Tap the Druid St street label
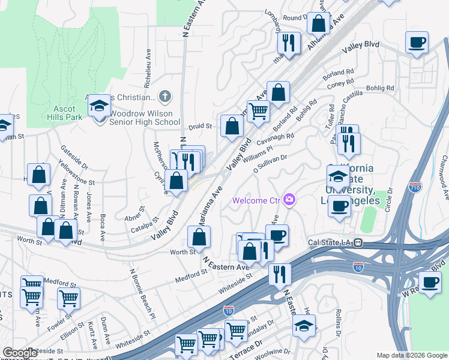coord(200,127)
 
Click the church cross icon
coord(165,97)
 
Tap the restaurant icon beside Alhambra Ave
coord(288,42)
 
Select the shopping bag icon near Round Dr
coord(318,24)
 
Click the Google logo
coord(20,353)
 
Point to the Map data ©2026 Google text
coord(411,355)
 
